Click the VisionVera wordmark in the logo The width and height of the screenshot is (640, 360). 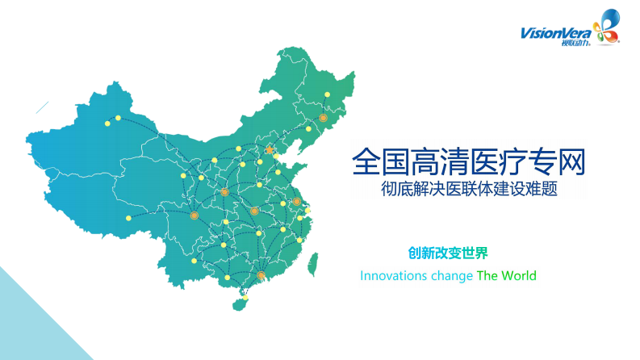(x=555, y=33)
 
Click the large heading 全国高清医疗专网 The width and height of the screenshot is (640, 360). (x=468, y=161)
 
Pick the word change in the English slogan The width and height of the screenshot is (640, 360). (x=452, y=276)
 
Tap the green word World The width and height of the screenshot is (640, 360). (x=518, y=276)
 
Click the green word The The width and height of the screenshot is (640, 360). (x=487, y=276)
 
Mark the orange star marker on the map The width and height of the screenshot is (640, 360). (x=270, y=149)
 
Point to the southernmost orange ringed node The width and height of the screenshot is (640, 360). (x=261, y=276)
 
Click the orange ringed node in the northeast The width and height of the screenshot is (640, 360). (x=323, y=118)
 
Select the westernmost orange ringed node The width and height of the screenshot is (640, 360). (x=194, y=216)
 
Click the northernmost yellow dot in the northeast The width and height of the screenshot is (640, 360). (x=327, y=95)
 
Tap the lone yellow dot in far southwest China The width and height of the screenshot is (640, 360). (x=128, y=218)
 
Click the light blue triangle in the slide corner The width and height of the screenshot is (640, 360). (x=32, y=323)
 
